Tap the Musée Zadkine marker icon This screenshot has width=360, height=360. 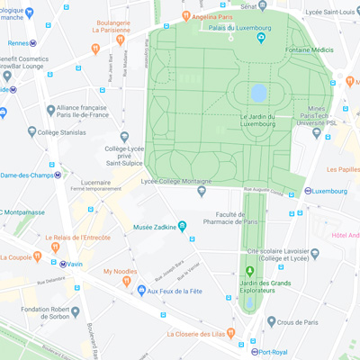point(183,226)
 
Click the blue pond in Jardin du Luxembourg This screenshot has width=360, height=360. point(259,93)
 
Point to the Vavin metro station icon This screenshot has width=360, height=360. point(63,264)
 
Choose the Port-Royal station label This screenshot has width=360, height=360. point(271,352)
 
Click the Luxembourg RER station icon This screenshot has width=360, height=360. point(308,191)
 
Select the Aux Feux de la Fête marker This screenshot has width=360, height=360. point(140,291)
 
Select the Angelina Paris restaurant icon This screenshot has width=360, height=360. point(186,15)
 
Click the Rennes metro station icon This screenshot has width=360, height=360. point(33,42)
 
